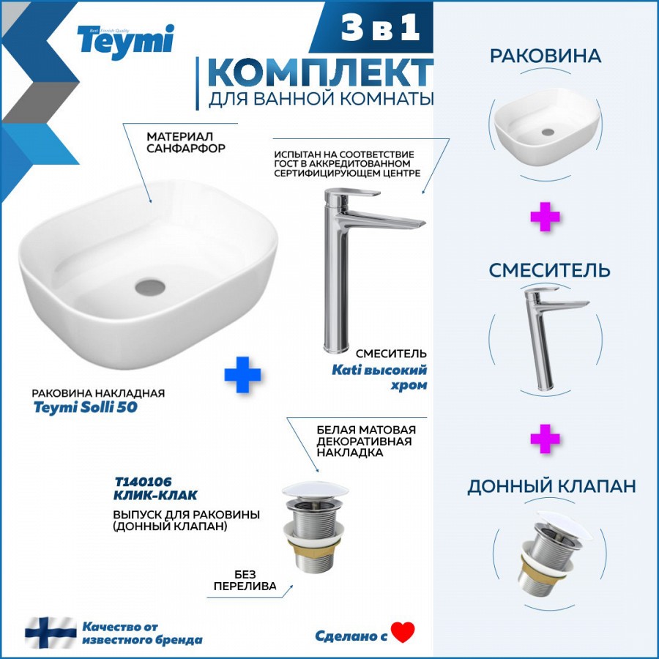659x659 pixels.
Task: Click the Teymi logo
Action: pos(125,41)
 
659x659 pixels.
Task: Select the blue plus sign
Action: pos(242,375)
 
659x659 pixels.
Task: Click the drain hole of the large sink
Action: pos(150,287)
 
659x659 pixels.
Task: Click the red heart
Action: pos(403,632)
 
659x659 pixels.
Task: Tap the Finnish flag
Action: pos(51,632)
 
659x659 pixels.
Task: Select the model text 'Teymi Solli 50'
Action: pos(86,407)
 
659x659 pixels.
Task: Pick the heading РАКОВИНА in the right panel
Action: pos(545,56)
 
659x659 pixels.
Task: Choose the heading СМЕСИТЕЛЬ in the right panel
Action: pos(549,269)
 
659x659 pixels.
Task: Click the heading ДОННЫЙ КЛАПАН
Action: pos(551,486)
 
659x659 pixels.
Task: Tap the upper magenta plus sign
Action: pos(545,217)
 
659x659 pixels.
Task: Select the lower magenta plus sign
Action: pos(545,439)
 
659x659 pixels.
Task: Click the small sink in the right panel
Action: pos(546,127)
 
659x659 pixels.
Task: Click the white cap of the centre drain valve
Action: pos(315,490)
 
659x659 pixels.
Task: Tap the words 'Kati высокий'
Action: pos(379,370)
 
